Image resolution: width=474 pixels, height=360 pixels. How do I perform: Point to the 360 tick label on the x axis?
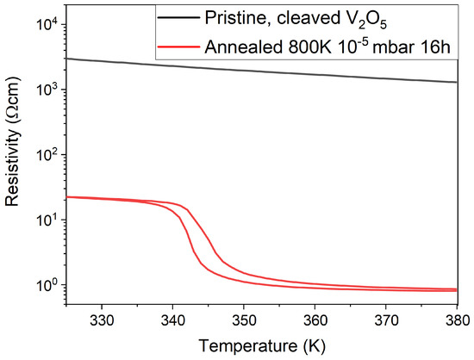pyautogui.click(x=315, y=318)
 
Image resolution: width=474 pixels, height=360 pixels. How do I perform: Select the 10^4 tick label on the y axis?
pyautogui.click(x=45, y=24)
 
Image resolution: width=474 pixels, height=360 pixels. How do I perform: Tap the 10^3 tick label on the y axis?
pyautogui.click(x=45, y=90)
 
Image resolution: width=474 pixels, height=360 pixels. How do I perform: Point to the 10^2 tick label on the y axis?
pyautogui.click(x=45, y=155)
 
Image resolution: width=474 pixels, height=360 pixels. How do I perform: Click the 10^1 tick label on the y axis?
pyautogui.click(x=45, y=220)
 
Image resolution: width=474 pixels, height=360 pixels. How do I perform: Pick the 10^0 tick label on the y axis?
pyautogui.click(x=45, y=285)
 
